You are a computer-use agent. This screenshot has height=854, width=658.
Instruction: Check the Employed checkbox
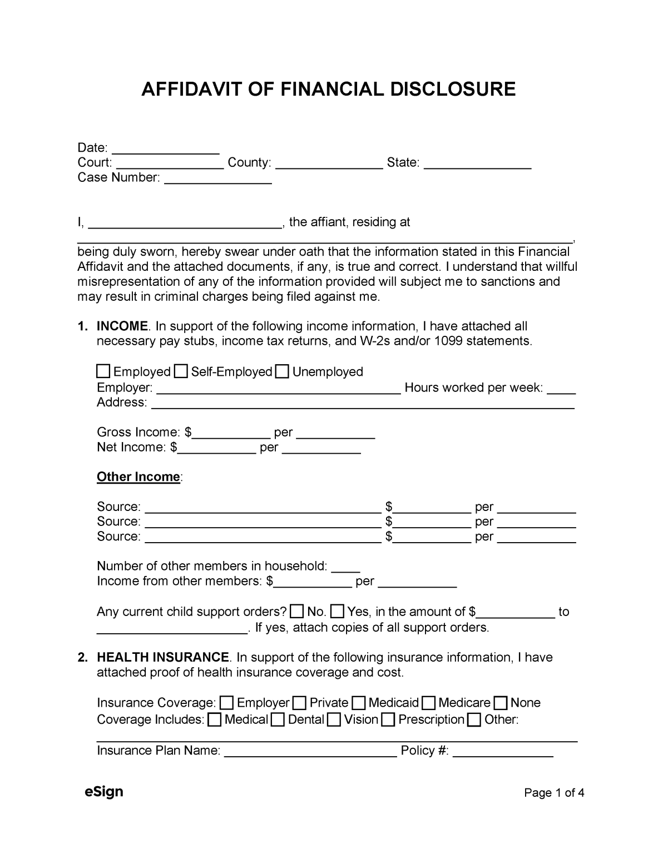(x=103, y=371)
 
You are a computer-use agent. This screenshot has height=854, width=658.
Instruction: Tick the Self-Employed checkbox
(x=181, y=371)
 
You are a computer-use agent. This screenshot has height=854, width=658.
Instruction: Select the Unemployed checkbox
(x=283, y=371)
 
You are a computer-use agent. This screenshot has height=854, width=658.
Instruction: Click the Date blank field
(x=166, y=148)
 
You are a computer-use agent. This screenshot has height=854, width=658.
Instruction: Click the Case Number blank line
(x=218, y=178)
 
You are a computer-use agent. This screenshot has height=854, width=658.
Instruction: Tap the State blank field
(x=478, y=163)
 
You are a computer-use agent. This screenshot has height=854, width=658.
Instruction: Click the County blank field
(x=329, y=163)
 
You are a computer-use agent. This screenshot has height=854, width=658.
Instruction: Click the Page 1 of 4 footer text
(x=554, y=793)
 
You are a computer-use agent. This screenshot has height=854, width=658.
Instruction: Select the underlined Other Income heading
(x=138, y=477)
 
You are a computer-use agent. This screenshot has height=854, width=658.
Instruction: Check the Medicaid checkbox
(x=359, y=703)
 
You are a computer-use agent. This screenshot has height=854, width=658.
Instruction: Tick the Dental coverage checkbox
(x=279, y=721)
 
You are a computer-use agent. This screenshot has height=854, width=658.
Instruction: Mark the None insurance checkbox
(x=501, y=703)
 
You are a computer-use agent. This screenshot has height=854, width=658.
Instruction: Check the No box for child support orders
(x=298, y=612)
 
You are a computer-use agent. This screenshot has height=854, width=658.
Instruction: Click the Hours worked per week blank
(x=561, y=389)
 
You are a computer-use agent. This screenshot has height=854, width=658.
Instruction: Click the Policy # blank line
(x=503, y=752)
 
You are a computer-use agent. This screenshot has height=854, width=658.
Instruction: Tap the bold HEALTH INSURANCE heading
(x=162, y=657)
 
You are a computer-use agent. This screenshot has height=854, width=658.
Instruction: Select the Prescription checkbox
(x=389, y=721)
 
